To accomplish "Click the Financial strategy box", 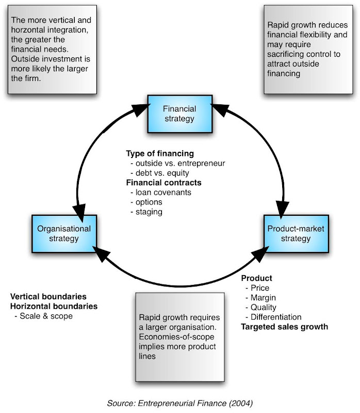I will point(179,114).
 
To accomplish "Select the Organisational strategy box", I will point(64,233).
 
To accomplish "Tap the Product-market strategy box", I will point(296,233).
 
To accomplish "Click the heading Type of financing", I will point(160,153).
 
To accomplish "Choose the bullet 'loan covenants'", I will point(163,193).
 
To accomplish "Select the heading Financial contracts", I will point(163,183).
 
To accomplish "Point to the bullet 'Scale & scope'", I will point(46,316).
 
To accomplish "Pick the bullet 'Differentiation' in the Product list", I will point(275,317).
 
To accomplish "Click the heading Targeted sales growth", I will point(285,327).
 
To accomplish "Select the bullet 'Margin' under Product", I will point(263,298).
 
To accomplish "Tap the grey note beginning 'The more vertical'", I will point(52,49).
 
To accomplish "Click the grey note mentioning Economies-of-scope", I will point(179,337).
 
